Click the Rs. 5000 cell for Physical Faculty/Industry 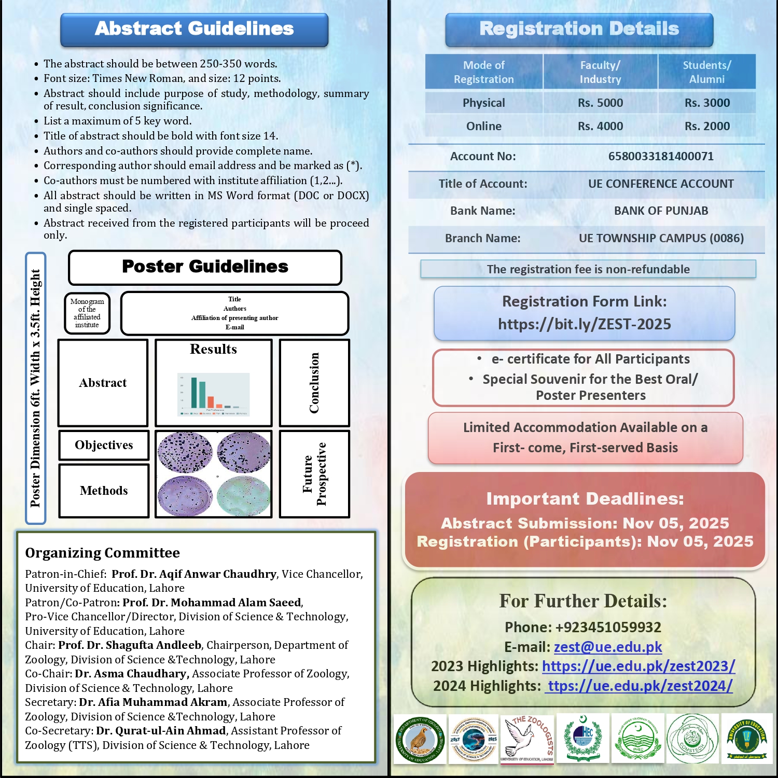pos(600,103)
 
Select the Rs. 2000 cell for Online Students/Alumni pos(706,126)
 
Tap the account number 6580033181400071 pos(661,156)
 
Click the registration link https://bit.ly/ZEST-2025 pos(585,324)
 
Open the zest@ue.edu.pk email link pos(608,647)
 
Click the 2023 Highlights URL pos(638,666)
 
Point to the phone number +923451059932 pos(608,627)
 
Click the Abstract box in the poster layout pos(103,383)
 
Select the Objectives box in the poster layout pos(104,445)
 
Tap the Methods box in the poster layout pos(104,491)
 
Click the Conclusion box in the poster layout pos(314,383)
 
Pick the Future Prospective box pos(314,474)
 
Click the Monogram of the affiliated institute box pos(87,313)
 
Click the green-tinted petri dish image pos(244,496)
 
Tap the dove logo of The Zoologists pos(526,739)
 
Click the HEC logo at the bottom pos(583,739)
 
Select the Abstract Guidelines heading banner pos(194,29)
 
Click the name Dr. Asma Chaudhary pos(131,674)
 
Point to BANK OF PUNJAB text pos(661,211)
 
